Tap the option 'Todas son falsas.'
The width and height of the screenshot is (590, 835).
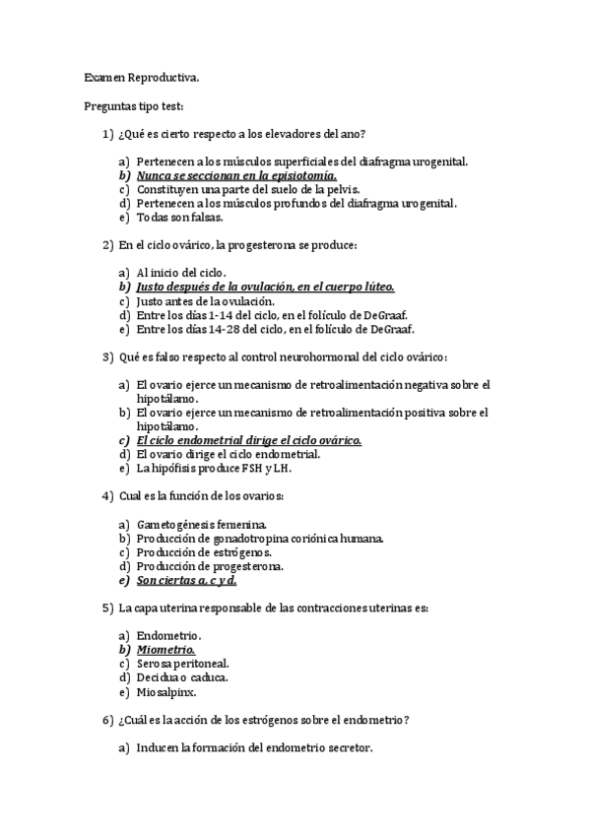point(180,217)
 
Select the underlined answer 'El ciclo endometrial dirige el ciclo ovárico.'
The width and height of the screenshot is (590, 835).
point(249,440)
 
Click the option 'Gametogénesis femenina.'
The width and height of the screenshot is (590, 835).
point(202,525)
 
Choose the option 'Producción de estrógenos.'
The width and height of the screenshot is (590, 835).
point(205,552)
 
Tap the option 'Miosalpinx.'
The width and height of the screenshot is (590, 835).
point(168,691)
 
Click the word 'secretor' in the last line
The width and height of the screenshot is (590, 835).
point(350,748)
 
